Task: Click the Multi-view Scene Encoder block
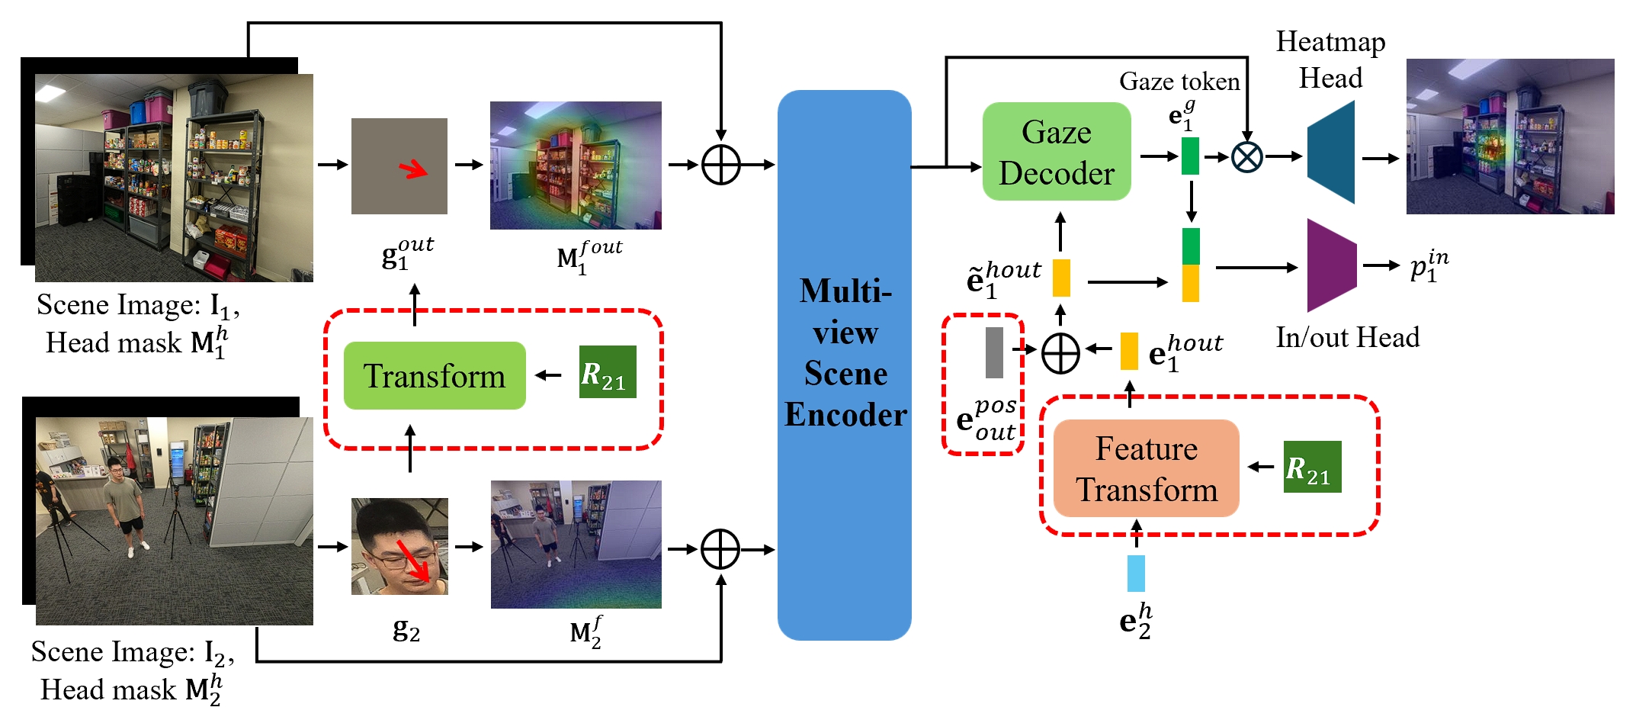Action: point(844,365)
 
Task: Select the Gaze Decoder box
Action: point(1056,152)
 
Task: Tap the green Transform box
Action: point(435,375)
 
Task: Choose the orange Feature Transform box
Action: point(1146,468)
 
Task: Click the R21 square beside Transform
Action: point(608,372)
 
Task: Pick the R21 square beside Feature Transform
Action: point(1312,467)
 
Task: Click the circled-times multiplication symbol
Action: point(1247,157)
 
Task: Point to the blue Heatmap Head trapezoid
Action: point(1331,153)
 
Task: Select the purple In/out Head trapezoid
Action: point(1331,265)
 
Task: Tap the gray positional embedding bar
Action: point(994,352)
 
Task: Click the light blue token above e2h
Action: point(1136,574)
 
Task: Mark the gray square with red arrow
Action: point(399,166)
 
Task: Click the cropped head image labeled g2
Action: point(399,546)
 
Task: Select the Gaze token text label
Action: point(1179,81)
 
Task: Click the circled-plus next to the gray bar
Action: point(1060,353)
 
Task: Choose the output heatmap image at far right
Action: point(1509,137)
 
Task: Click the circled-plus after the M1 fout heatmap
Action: point(720,165)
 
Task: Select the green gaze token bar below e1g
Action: point(1190,156)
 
